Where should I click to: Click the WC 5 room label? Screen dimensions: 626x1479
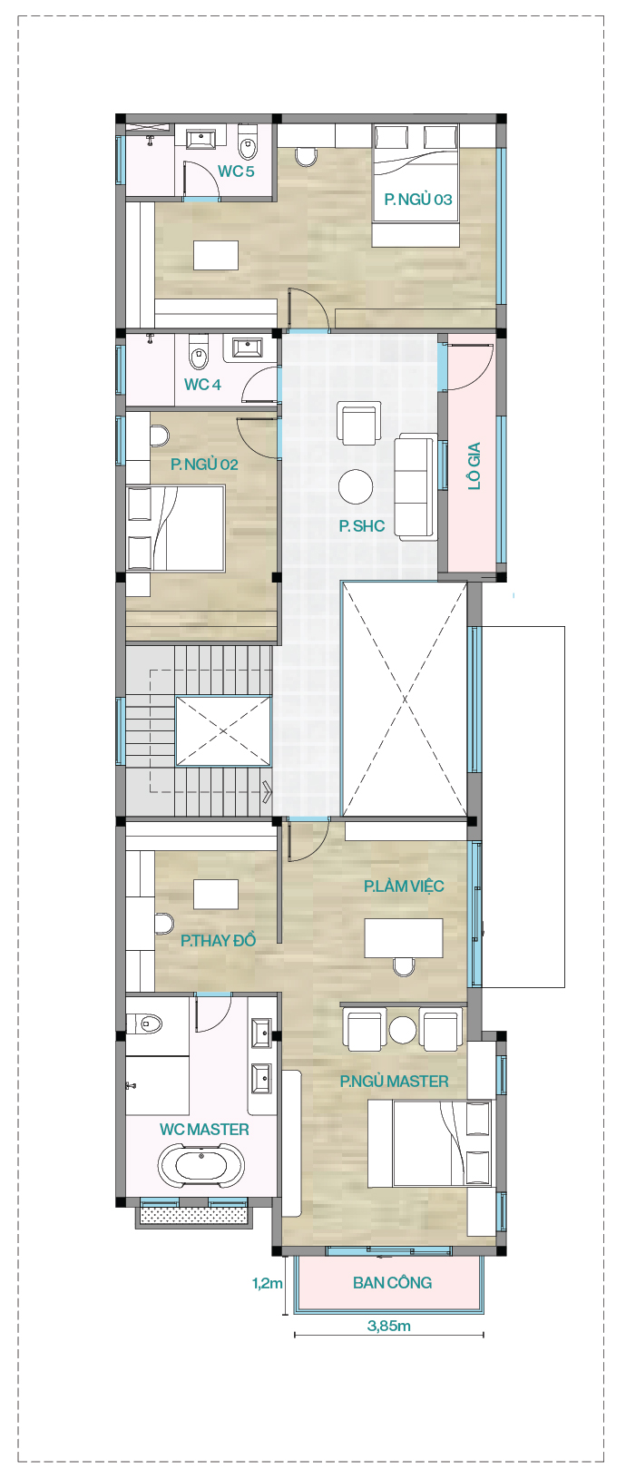click(x=236, y=171)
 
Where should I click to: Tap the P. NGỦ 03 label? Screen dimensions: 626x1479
click(x=418, y=199)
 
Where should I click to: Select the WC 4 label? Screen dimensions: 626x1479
click(x=202, y=385)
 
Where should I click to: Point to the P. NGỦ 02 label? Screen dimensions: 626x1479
click(x=204, y=465)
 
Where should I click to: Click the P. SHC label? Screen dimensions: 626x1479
click(x=361, y=525)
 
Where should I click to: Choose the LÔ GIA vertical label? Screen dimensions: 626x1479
click(x=474, y=465)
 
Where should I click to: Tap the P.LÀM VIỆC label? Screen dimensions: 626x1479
click(x=404, y=886)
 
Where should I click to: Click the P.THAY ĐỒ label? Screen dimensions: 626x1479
click(x=218, y=939)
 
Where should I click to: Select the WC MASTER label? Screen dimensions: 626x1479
click(x=204, y=1129)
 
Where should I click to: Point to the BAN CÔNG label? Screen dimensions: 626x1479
click(x=392, y=1282)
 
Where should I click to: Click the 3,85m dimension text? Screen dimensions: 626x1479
click(x=389, y=1325)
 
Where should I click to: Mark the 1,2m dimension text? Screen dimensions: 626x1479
click(x=268, y=1284)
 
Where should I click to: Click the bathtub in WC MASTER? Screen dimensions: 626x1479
click(x=201, y=1167)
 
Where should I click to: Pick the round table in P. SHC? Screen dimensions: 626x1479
click(x=356, y=486)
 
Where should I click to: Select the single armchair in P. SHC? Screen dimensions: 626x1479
click(x=358, y=423)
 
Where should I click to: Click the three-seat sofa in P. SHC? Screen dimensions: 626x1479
click(x=416, y=487)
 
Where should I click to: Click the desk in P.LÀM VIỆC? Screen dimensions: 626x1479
click(x=404, y=937)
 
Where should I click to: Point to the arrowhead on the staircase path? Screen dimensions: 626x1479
click(x=268, y=790)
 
